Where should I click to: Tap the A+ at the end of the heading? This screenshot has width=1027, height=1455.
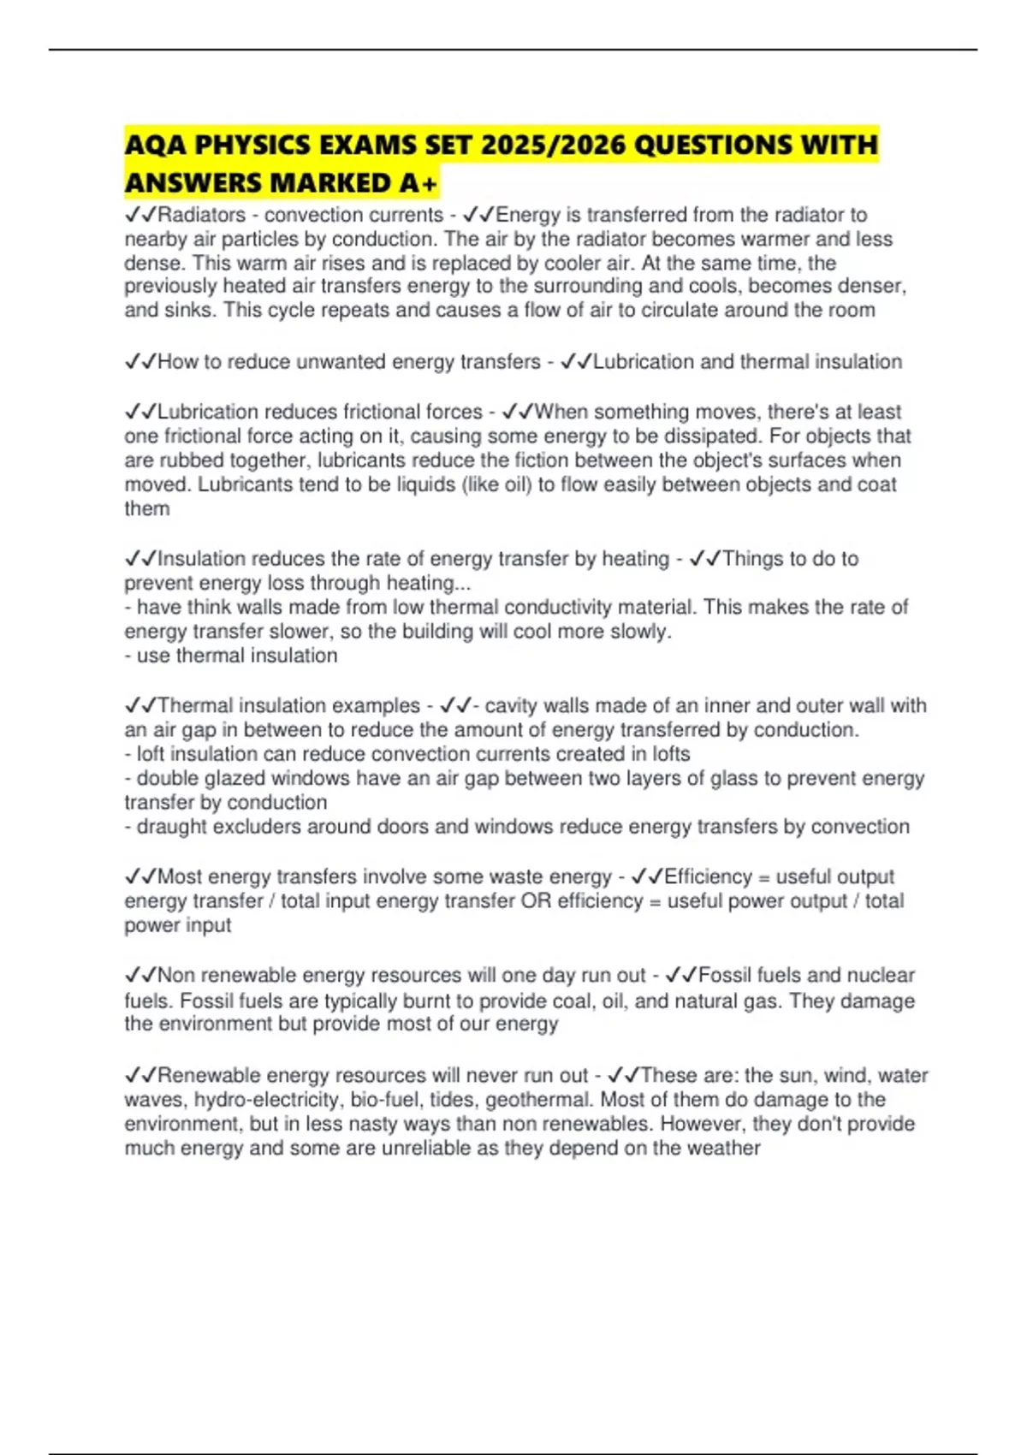[x=419, y=183]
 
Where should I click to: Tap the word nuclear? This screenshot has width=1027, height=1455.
[x=881, y=975]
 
